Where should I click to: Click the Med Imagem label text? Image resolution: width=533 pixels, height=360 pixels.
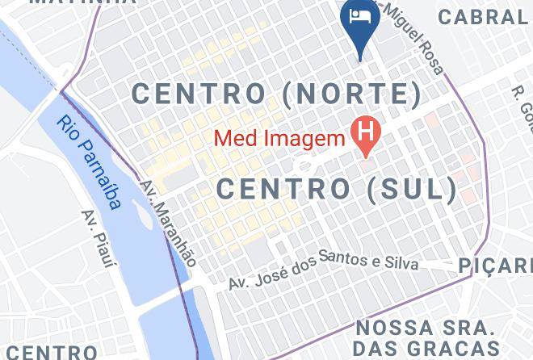pyautogui.click(x=279, y=139)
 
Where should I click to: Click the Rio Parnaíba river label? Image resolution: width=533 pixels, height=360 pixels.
pyautogui.click(x=90, y=161)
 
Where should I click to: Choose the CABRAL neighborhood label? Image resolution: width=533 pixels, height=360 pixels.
pyautogui.click(x=484, y=15)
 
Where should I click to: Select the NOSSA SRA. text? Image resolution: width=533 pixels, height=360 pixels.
pyautogui.click(x=425, y=329)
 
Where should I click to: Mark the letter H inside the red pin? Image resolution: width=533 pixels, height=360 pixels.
pyautogui.click(x=366, y=129)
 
